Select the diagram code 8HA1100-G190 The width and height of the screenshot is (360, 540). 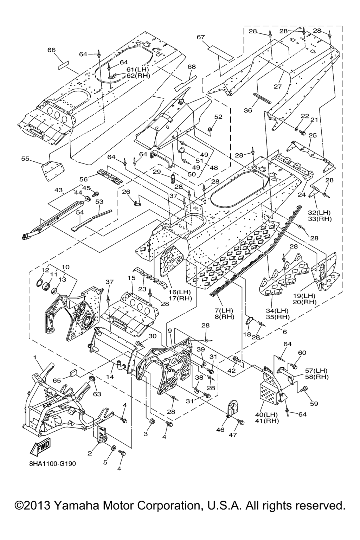pyautogui.click(x=52, y=464)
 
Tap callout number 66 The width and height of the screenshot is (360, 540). pyautogui.click(x=51, y=50)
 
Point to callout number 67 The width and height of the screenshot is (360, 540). pyautogui.click(x=201, y=37)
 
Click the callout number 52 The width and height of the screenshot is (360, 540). pyautogui.click(x=218, y=117)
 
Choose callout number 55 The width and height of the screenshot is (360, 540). pyautogui.click(x=25, y=159)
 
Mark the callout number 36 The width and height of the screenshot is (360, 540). pyautogui.click(x=248, y=110)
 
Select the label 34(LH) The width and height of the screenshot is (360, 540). pyautogui.click(x=277, y=310)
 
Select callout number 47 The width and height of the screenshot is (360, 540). pyautogui.click(x=233, y=435)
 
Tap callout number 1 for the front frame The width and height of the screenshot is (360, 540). pyautogui.click(x=35, y=357)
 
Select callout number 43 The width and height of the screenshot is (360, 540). pyautogui.click(x=58, y=190)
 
